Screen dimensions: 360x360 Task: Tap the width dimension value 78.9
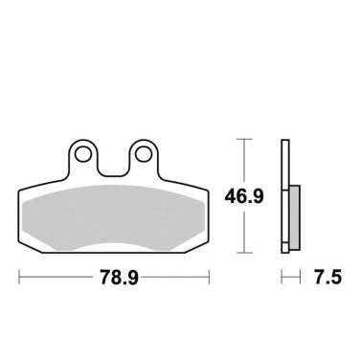[115, 280]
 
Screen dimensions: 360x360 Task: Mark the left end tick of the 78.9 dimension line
[20, 280]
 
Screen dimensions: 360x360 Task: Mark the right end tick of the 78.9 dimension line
[211, 280]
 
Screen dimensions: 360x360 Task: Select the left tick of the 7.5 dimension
[282, 280]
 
